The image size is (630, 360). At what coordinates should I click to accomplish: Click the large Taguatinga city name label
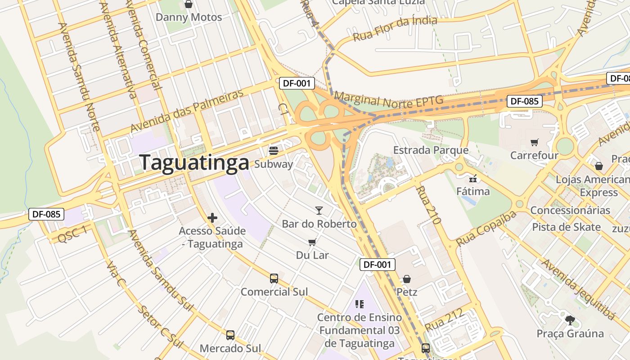click(194, 162)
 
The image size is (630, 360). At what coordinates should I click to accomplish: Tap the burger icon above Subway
click(274, 150)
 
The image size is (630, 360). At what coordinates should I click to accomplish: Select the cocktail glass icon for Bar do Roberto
click(319, 210)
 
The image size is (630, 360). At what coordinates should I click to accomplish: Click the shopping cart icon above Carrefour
click(534, 143)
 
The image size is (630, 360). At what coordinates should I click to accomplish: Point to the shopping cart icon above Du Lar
click(312, 242)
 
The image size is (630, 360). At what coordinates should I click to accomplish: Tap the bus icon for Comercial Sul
click(274, 279)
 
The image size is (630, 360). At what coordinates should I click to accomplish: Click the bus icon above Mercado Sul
click(230, 335)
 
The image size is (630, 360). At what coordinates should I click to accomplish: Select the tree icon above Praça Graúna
click(570, 320)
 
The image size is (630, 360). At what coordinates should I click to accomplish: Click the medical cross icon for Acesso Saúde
click(212, 218)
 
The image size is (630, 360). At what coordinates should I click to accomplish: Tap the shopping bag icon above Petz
click(407, 279)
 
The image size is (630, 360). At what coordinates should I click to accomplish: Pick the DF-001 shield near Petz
click(377, 265)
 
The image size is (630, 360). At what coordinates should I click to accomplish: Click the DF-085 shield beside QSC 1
click(46, 214)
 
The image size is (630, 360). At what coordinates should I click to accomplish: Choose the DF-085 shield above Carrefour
click(524, 101)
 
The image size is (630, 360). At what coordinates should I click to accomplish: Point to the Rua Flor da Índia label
click(395, 28)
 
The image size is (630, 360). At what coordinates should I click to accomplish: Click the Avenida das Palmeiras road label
click(187, 111)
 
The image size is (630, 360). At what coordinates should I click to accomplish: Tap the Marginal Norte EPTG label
click(388, 100)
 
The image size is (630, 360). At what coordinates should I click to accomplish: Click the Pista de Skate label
click(566, 227)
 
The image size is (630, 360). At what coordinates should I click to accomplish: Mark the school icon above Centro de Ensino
click(359, 304)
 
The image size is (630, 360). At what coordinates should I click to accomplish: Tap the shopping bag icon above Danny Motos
click(189, 4)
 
